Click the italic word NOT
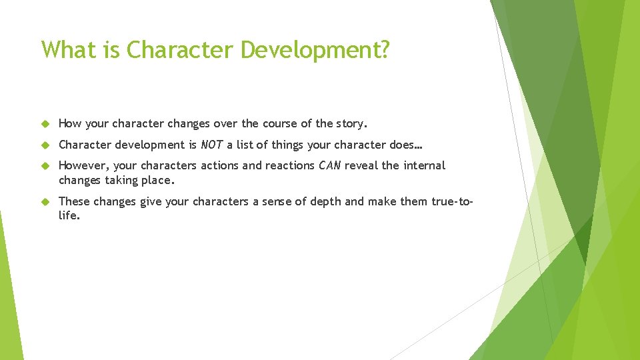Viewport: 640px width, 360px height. [212, 145]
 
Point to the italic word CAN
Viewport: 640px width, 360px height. [329, 165]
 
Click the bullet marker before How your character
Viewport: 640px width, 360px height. [45, 124]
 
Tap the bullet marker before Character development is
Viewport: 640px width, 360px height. [45, 145]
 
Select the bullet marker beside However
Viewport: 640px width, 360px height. [45, 166]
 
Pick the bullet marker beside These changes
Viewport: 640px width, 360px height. [45, 201]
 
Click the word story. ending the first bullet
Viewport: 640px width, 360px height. [352, 123]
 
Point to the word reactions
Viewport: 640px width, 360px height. [290, 165]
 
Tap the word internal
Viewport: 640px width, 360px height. [423, 165]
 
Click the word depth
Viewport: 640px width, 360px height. [327, 201]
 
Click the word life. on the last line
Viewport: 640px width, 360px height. [69, 216]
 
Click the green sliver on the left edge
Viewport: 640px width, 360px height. [8, 287]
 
